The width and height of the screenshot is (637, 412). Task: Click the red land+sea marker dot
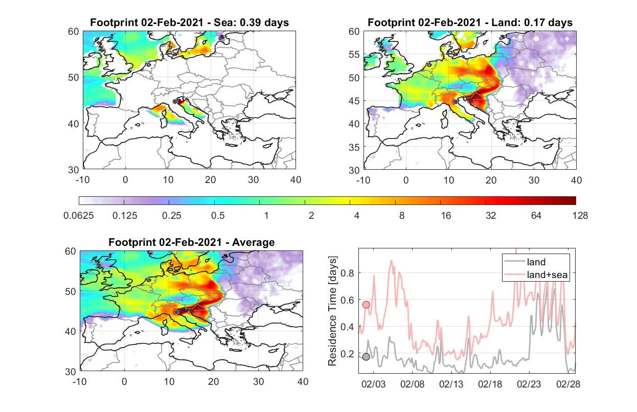pos(366,305)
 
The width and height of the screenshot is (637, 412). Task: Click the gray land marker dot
pos(366,357)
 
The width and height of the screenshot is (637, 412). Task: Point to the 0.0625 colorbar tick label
pos(79,216)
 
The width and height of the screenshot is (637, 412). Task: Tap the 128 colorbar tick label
pos(580,216)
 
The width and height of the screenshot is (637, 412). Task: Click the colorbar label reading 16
pos(446,216)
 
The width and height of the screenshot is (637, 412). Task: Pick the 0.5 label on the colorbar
pos(218,216)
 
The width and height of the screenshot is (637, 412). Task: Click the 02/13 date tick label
pos(451,384)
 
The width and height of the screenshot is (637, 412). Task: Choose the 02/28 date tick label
pos(568,384)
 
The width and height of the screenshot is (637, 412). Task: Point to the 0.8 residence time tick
pos(347,273)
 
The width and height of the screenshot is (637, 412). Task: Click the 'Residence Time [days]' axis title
pos(332,311)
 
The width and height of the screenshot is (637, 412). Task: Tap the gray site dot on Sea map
pos(175,102)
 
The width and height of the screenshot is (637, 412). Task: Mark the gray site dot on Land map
pos(456,102)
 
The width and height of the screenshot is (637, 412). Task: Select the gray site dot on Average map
pos(176,312)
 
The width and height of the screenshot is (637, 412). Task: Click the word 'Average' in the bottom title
pos(254,242)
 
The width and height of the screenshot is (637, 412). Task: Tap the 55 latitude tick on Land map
pos(354,54)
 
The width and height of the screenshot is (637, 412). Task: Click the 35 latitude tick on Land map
pos(354,147)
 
